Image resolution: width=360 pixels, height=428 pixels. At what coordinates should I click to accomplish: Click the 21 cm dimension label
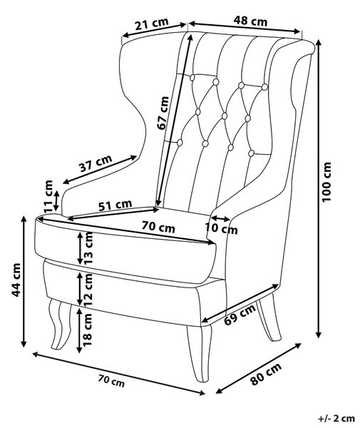152,24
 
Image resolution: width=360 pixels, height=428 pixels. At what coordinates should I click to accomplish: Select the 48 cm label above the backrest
250,21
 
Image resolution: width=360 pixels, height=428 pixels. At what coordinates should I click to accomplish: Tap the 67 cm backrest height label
163,113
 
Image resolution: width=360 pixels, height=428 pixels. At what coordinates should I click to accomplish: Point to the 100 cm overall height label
326,182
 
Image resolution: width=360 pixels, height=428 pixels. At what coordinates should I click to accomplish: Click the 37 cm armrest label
96,163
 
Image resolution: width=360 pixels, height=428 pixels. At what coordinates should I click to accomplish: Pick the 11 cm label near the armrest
48,197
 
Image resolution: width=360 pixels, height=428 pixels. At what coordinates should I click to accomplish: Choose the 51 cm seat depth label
115,205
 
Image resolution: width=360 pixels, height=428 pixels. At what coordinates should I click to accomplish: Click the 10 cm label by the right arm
221,228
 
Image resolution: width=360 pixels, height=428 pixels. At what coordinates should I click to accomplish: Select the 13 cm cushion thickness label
88,248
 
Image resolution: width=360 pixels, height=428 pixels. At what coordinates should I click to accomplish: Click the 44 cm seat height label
16,280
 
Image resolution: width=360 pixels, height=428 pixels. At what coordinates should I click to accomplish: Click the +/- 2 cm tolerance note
336,419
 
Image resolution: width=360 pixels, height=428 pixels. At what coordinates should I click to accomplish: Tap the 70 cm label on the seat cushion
158,227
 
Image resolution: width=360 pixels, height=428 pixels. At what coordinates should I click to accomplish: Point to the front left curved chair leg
61,324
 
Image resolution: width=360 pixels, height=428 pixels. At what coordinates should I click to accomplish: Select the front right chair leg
200,353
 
